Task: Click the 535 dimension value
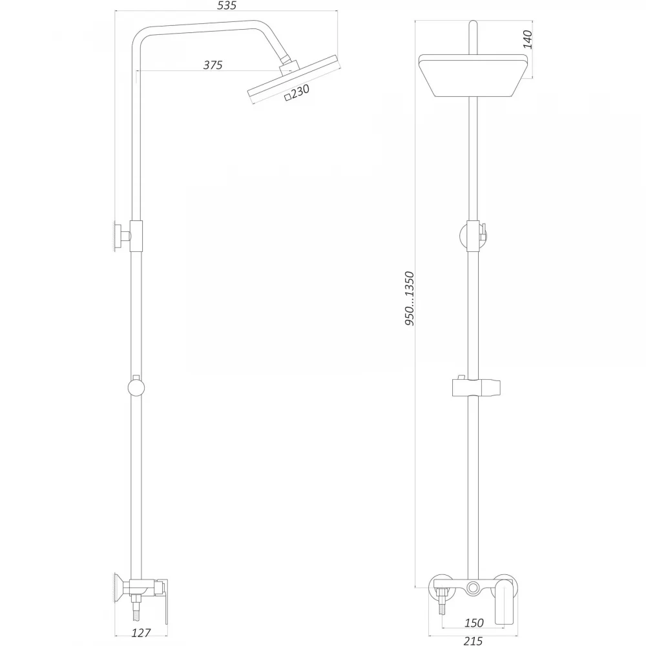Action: tap(227, 5)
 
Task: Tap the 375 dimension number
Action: tap(213, 65)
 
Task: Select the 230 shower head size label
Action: tap(300, 90)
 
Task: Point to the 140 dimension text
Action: tap(527, 39)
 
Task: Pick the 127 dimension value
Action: tap(141, 633)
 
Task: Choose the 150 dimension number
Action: tap(474, 623)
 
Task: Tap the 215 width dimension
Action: tap(473, 641)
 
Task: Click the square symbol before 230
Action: tap(288, 98)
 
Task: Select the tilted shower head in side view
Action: tap(294, 79)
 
